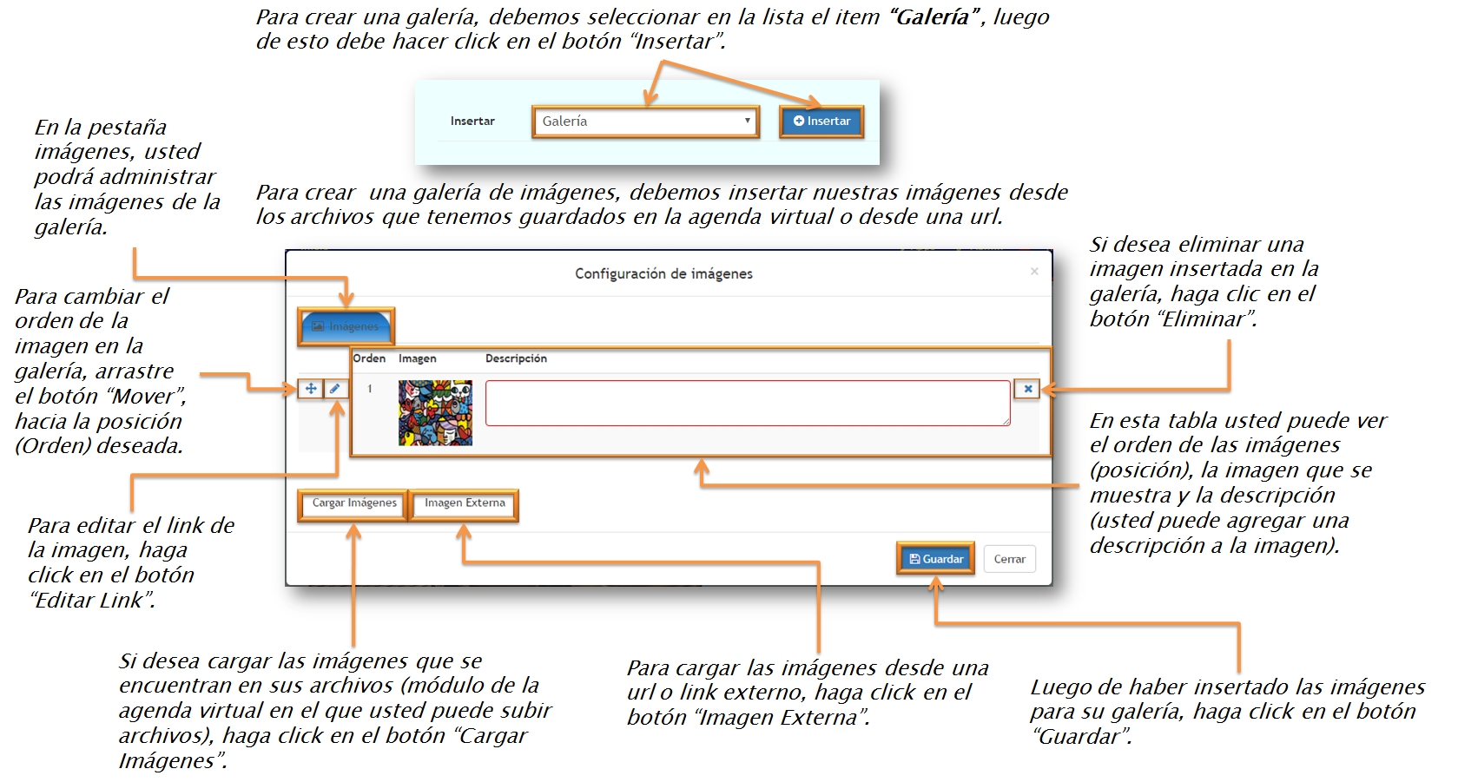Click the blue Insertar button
(821, 122)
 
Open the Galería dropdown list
(645, 122)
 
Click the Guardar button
(935, 559)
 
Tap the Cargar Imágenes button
(353, 503)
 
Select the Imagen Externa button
(465, 503)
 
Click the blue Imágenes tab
(346, 326)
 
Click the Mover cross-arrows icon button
(311, 389)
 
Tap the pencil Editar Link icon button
(335, 389)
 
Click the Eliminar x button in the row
(1027, 389)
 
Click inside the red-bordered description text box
(747, 403)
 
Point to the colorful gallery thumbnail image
(435, 413)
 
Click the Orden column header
(369, 358)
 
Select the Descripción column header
(516, 358)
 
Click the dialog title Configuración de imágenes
(663, 274)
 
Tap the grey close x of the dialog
(1034, 272)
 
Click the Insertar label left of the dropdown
(472, 122)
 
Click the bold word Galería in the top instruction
(933, 17)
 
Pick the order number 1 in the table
(370, 389)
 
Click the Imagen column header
(417, 358)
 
